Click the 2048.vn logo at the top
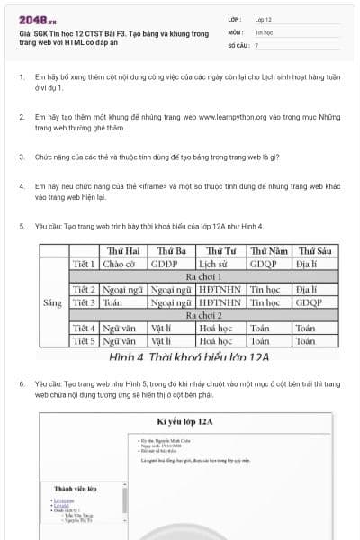point(33,19)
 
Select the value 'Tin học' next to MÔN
point(262,31)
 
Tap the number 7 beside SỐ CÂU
point(256,44)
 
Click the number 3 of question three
point(21,157)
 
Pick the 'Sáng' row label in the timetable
point(53,303)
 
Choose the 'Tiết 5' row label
point(84,342)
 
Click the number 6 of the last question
point(21,383)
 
